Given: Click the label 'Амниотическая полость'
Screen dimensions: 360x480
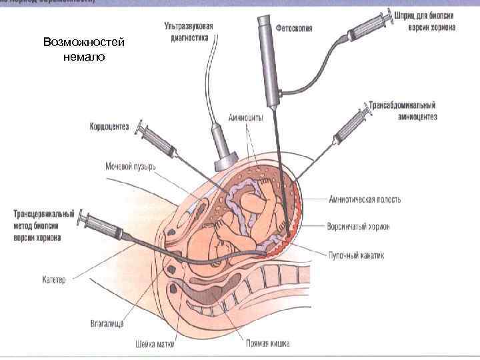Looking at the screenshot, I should click(365, 199).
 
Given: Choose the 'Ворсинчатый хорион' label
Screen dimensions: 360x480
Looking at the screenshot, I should click(359, 227).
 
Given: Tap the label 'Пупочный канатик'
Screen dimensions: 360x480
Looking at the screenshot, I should click(356, 255).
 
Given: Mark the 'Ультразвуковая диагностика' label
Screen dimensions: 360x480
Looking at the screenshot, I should click(189, 31).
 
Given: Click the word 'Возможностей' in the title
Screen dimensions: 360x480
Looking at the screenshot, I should click(84, 43).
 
